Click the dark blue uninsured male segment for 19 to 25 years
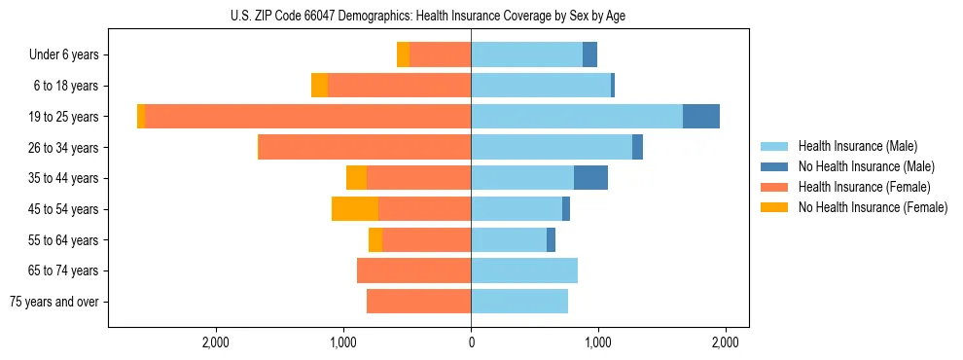pyautogui.click(x=700, y=117)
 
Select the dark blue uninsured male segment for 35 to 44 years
pyautogui.click(x=590, y=178)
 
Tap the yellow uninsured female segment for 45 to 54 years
pyautogui.click(x=355, y=209)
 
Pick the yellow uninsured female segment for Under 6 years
pyautogui.click(x=403, y=55)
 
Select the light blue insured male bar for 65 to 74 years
pyautogui.click(x=524, y=270)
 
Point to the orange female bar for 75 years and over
pyautogui.click(x=418, y=302)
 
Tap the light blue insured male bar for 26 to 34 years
pyautogui.click(x=552, y=147)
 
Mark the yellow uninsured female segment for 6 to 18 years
pyautogui.click(x=319, y=86)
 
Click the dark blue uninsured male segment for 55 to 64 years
pyautogui.click(x=551, y=239)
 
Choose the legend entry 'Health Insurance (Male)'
pyautogui.click(x=857, y=146)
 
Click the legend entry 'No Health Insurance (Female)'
pyautogui.click(x=873, y=207)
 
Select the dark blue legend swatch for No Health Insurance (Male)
pyautogui.click(x=774, y=166)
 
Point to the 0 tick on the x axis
pyautogui.click(x=471, y=342)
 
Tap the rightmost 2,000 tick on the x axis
pyautogui.click(x=726, y=342)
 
